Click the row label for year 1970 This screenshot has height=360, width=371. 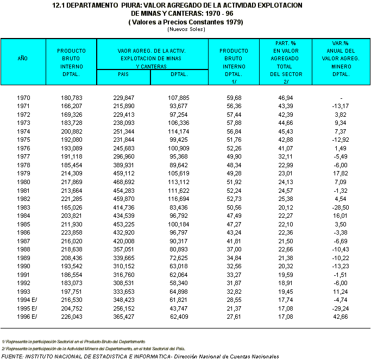point(23,97)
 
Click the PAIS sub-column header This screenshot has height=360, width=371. point(123,74)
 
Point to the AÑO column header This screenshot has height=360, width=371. point(23,58)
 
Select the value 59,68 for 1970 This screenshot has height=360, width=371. point(234,97)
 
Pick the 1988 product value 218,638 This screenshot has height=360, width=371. point(72,249)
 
